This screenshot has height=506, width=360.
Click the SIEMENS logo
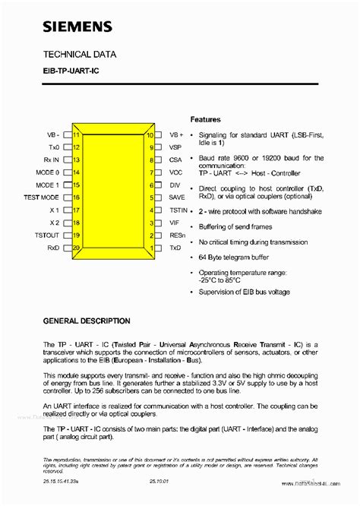click(77, 28)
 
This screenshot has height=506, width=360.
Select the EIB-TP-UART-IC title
click(71, 73)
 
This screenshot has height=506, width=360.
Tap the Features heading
click(205, 119)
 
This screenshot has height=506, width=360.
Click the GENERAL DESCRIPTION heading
click(87, 321)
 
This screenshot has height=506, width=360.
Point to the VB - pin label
click(53, 134)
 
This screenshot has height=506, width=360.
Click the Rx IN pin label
click(50, 160)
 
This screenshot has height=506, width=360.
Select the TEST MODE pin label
click(42, 197)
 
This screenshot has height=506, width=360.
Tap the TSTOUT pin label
click(47, 235)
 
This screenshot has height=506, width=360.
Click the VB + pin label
click(177, 134)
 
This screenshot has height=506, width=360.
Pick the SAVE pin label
click(178, 197)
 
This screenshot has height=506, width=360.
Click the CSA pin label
click(175, 160)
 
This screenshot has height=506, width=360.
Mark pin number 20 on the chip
click(76, 248)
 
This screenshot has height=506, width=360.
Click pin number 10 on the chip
click(150, 134)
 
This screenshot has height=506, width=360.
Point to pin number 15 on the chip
click(76, 185)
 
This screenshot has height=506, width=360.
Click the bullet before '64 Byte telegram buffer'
click(192, 257)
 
